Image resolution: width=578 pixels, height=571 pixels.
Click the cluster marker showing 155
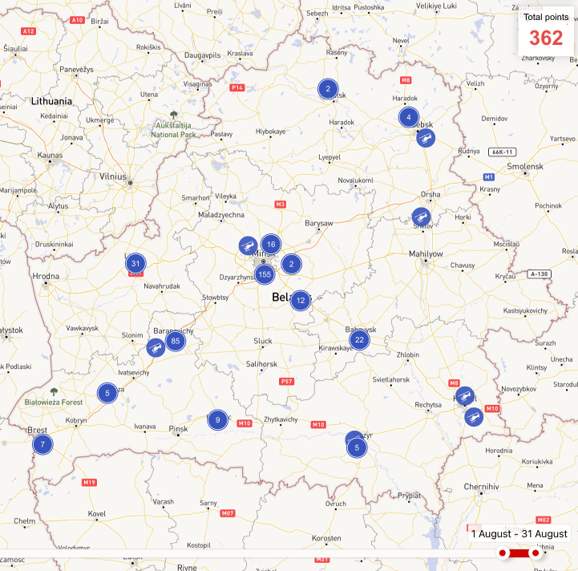click(265, 274)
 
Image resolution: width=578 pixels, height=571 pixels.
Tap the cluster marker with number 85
click(175, 341)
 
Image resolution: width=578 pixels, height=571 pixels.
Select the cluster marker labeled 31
click(135, 263)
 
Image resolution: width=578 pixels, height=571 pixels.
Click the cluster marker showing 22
click(360, 339)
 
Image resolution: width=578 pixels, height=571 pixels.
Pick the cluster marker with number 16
click(271, 245)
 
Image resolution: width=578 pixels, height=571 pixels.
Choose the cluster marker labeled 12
click(300, 301)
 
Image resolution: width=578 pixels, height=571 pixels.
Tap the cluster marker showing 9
click(216, 419)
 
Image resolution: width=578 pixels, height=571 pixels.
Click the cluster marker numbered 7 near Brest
click(42, 443)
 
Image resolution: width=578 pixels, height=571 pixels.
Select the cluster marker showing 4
click(409, 117)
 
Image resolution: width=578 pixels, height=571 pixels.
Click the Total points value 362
click(546, 38)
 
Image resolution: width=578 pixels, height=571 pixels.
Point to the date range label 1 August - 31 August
click(519, 533)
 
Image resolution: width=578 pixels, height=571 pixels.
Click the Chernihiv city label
click(481, 486)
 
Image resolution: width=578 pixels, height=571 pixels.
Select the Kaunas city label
click(50, 154)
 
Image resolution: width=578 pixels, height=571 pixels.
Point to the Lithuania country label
click(51, 102)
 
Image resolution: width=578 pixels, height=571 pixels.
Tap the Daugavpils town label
click(202, 55)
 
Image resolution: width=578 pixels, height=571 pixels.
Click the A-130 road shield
click(540, 274)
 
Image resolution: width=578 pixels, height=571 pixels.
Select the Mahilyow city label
click(426, 253)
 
